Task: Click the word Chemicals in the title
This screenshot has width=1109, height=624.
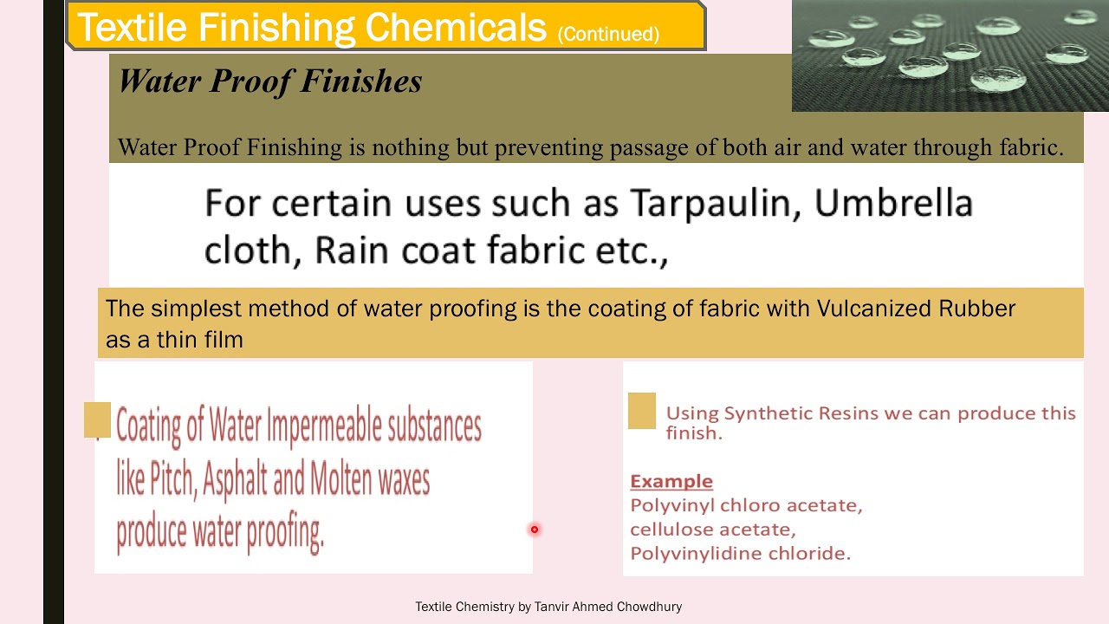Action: [455, 28]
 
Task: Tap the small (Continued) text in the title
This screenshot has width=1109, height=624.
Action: [608, 35]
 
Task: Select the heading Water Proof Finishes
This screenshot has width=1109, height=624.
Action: [269, 81]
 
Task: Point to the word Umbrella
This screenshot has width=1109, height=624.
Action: [893, 204]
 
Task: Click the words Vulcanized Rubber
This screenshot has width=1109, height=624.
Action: [916, 309]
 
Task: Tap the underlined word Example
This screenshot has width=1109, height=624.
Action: [671, 482]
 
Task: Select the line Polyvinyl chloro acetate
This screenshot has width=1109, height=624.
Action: [746, 505]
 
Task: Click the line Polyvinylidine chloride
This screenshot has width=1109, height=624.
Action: [740, 554]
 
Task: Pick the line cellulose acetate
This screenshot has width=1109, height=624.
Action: [712, 530]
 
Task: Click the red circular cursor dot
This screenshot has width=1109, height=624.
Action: [535, 530]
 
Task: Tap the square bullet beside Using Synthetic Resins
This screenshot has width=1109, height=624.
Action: [642, 411]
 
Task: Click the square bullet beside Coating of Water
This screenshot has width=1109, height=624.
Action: [97, 419]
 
